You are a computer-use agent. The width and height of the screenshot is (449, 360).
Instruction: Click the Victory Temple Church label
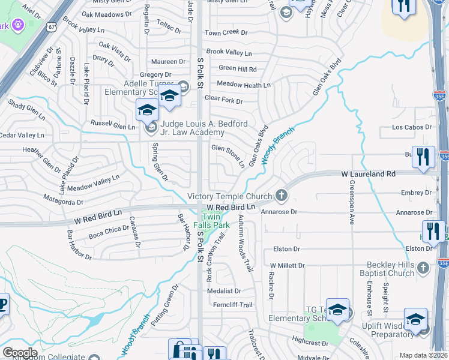pyautogui.click(x=229, y=196)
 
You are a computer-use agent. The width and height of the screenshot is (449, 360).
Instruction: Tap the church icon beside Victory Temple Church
pyautogui.click(x=281, y=196)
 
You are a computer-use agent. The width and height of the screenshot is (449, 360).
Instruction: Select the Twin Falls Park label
pyautogui.click(x=216, y=220)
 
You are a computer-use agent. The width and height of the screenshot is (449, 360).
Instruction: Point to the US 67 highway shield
pyautogui.click(x=52, y=27)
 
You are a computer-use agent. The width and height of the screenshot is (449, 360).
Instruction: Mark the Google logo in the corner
pyautogui.click(x=20, y=352)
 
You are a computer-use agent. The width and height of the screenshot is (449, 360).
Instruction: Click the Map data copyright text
pyautogui.click(x=423, y=355)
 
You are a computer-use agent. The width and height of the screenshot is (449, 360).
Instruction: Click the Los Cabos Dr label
pyautogui.click(x=411, y=127)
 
